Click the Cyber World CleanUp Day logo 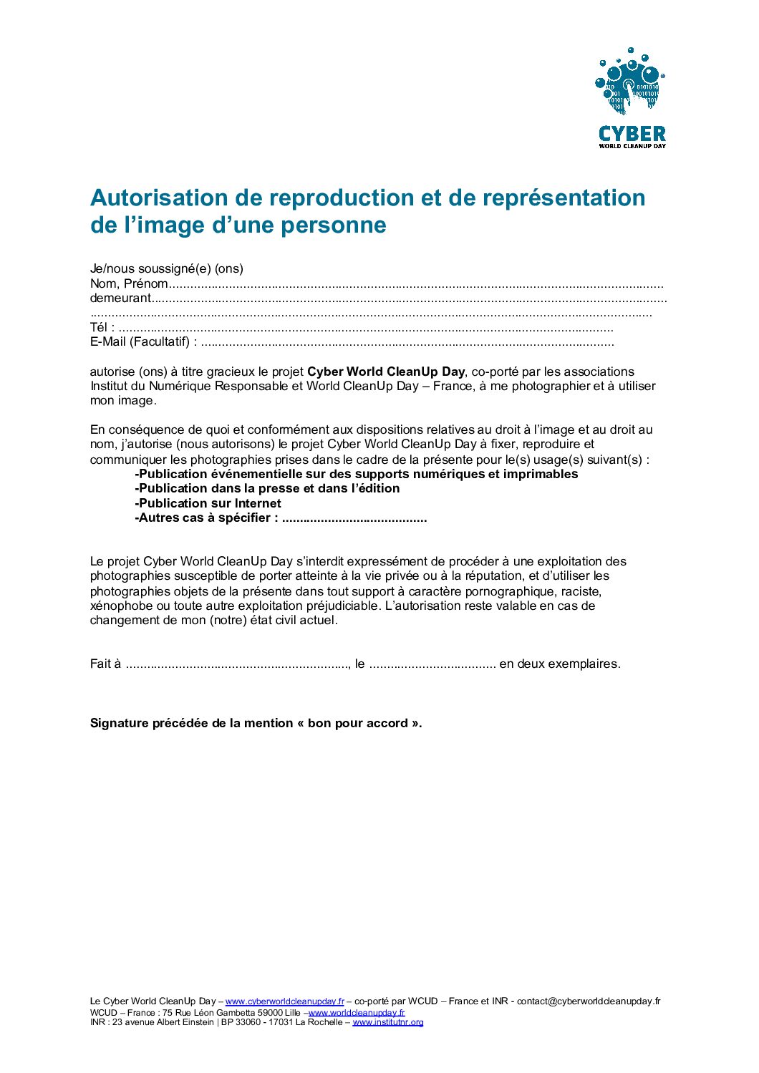pos(632,98)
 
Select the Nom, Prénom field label pos(129,283)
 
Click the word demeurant pos(120,298)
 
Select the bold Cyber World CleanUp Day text pos(386,372)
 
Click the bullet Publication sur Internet pos(208,503)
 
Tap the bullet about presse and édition pos(267,488)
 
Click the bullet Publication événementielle pos(356,474)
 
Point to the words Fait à pos(105,664)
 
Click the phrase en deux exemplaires pos(559,664)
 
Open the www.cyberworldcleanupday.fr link pos(285,1001)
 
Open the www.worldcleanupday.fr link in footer pos(357,1012)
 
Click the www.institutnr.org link pos(388,1022)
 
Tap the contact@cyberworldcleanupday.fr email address pos(589,1001)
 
